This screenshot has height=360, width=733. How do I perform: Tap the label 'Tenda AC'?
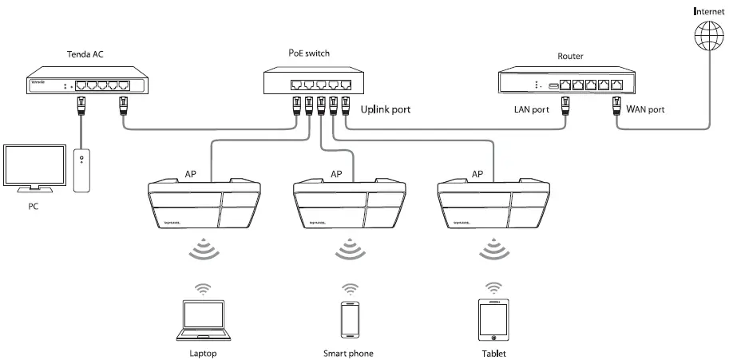coord(85,54)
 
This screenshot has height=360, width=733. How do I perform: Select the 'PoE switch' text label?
coord(308,53)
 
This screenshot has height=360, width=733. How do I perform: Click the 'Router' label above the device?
coord(570,57)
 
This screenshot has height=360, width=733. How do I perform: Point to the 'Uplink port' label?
coord(386,109)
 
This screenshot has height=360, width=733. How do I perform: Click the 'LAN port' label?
coord(530,109)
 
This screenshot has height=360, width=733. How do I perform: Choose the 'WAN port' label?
coord(645,109)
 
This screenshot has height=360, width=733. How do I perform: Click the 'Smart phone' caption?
coord(348,353)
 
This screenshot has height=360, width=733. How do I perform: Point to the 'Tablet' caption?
coord(493,353)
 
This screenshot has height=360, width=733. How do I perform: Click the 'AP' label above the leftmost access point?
coord(192,174)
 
